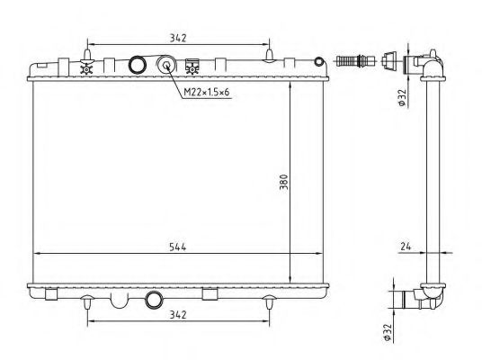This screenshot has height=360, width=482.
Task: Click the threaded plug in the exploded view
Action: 353,62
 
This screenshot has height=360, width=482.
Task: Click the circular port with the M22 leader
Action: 166,65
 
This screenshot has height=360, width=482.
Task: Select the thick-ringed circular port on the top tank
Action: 138,65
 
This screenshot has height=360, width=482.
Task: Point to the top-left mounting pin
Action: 87,56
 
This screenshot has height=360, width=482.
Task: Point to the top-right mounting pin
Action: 268,56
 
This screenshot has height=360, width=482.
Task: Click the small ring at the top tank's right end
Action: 318,64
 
